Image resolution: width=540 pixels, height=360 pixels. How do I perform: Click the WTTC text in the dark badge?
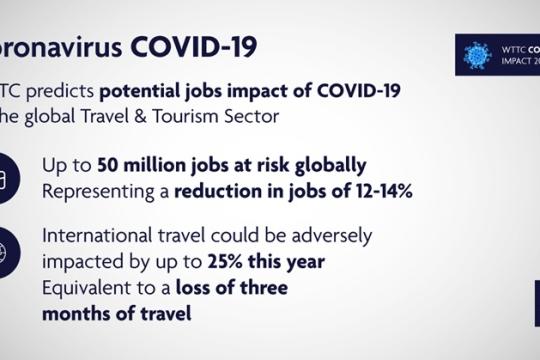tap(514, 47)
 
